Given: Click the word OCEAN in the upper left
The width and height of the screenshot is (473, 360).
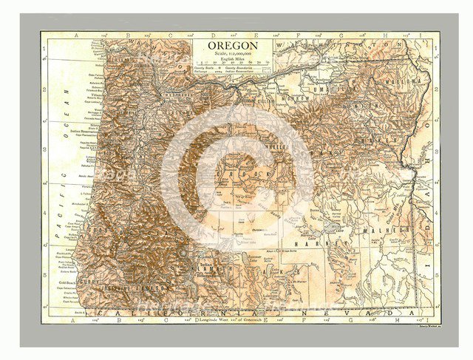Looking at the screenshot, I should pyautogui.click(x=66, y=104).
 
